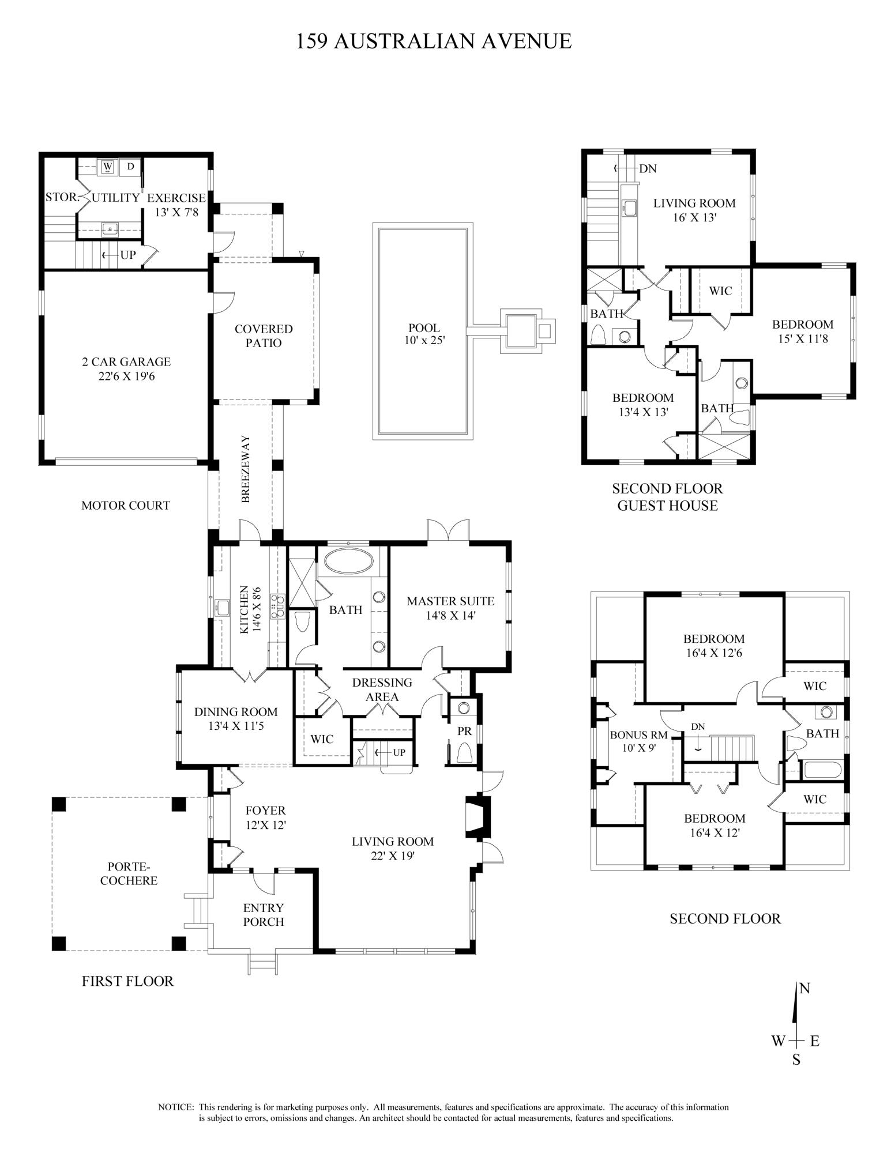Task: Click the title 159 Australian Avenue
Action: (x=433, y=41)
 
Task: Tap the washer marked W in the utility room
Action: (x=108, y=167)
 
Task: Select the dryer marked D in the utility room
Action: (x=130, y=167)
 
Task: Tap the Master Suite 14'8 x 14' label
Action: (x=450, y=608)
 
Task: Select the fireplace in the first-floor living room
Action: (x=478, y=817)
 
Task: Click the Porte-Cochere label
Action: (x=129, y=873)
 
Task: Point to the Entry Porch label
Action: (x=263, y=915)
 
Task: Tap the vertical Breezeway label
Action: (x=246, y=469)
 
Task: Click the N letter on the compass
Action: (x=804, y=989)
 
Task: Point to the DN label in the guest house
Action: (x=648, y=169)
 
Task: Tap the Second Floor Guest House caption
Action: (x=667, y=497)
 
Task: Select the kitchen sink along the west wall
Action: (x=221, y=608)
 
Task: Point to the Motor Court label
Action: (x=125, y=506)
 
